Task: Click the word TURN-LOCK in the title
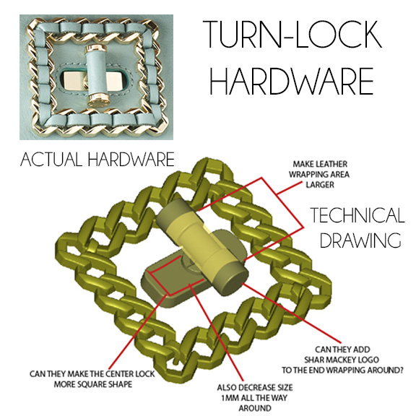292,34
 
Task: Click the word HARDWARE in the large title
292,81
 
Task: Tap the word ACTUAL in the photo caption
51,160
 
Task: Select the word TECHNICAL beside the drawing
357,215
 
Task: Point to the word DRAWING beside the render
360,240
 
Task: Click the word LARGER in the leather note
320,185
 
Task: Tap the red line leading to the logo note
292,313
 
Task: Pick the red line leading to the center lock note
139,330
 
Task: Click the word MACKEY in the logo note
341,360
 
